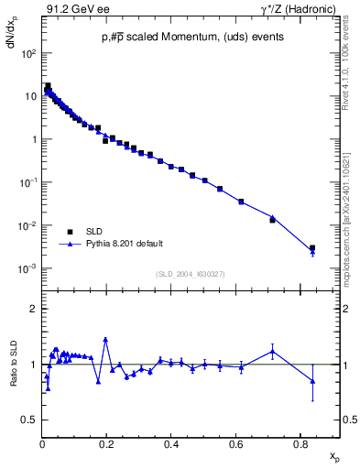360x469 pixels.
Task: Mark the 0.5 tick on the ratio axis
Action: click(29, 420)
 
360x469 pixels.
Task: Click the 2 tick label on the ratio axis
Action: click(33, 309)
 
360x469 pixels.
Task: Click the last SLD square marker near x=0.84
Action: click(312, 248)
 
